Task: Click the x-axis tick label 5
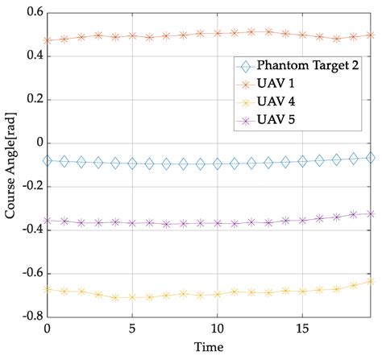point(132,329)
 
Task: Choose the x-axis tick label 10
point(217,329)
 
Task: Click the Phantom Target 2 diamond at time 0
point(48,161)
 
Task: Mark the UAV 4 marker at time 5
point(132,297)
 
